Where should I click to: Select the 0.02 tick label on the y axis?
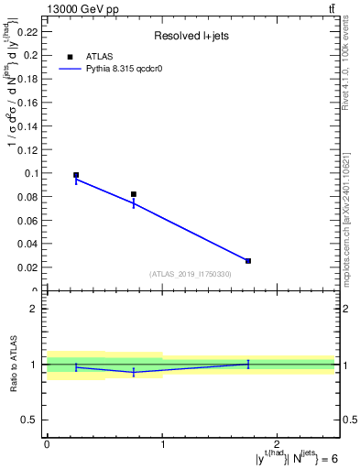pos(30,267)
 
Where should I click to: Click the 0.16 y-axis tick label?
pos(30,102)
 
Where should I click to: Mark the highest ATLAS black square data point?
pos(76,175)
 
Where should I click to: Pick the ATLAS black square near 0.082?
pos(134,194)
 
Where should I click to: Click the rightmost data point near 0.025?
pos(248,261)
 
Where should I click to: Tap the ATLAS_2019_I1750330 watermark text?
pos(190,274)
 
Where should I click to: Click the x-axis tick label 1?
pos(162,444)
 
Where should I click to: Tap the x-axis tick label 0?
pos(47,444)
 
